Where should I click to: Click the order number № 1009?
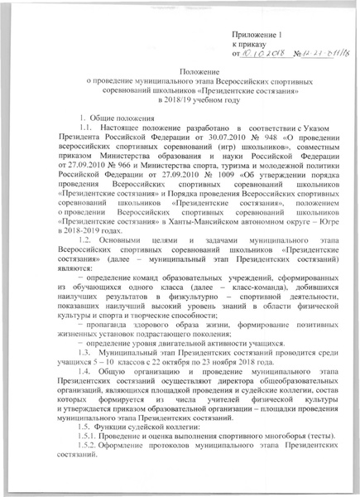[194, 176]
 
